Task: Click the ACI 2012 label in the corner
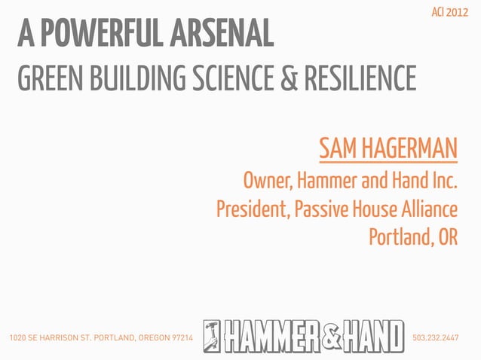tap(449, 12)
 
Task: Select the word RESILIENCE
tap(358, 78)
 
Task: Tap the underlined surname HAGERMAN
tap(409, 148)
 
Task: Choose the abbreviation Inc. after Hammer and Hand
tap(443, 182)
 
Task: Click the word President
tap(249, 209)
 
